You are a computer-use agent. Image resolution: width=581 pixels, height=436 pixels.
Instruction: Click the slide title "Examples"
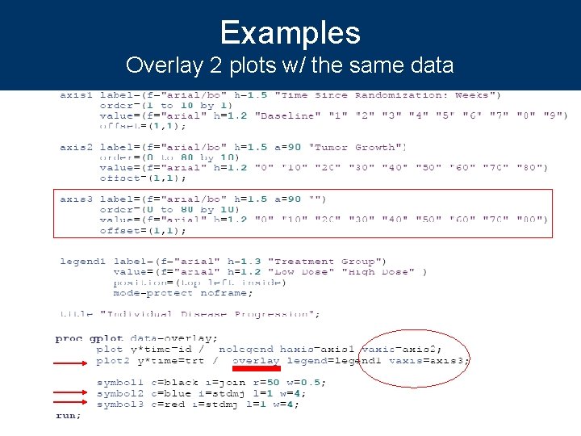pos(290,33)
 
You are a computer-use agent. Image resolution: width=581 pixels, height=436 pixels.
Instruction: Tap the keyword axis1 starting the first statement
pos(77,95)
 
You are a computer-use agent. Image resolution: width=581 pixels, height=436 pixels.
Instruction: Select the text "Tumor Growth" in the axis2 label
pos(358,147)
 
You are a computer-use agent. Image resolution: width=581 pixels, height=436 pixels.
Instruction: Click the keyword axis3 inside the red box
pos(77,199)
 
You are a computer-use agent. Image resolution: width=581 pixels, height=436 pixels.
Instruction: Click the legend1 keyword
pos(83,262)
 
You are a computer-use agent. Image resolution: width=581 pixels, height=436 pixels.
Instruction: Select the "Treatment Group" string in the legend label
pos(327,262)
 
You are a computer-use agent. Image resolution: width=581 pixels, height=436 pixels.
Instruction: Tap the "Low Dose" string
pos(296,272)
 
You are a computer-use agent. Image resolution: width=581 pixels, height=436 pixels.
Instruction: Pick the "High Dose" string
pos(377,272)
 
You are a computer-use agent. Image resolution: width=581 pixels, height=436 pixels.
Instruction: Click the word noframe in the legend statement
pos(227,293)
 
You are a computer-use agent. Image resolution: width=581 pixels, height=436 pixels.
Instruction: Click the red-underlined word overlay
pos(256,361)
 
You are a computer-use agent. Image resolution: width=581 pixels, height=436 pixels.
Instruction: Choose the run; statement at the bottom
pos(69,415)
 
